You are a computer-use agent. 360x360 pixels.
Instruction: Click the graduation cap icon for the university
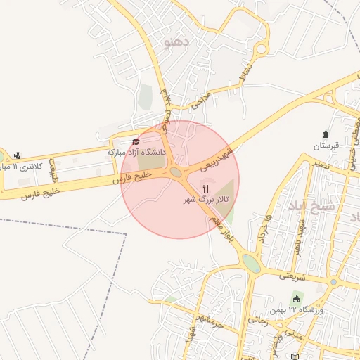click(x=136, y=141)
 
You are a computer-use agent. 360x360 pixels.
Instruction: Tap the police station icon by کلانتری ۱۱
click(x=18, y=155)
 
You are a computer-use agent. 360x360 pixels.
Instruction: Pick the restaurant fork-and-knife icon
click(x=206, y=188)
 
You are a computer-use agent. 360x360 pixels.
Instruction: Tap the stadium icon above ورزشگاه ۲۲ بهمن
click(x=296, y=300)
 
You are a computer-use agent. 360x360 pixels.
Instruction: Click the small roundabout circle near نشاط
click(x=261, y=49)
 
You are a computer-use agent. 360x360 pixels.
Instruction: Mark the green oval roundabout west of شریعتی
click(x=250, y=262)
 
